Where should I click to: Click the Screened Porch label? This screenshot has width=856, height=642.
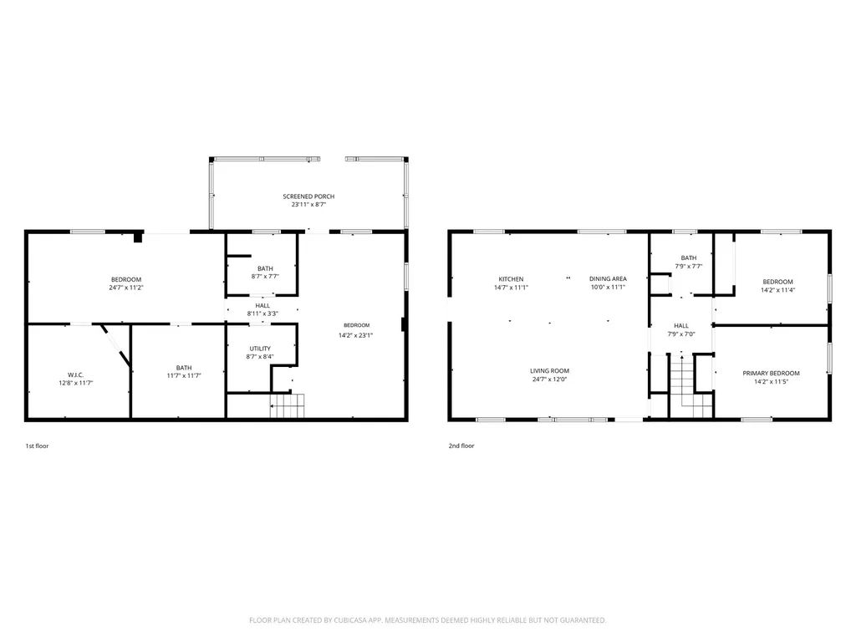click(x=308, y=196)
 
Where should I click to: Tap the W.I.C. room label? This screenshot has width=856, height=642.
click(x=76, y=375)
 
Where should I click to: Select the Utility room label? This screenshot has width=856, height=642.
click(x=260, y=349)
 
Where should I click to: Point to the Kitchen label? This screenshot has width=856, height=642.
click(x=511, y=279)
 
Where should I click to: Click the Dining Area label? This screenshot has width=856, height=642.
click(x=608, y=279)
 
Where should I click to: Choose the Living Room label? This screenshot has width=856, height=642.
click(x=550, y=371)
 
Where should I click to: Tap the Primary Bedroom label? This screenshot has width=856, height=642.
click(x=771, y=374)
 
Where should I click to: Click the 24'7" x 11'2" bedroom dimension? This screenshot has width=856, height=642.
click(x=126, y=288)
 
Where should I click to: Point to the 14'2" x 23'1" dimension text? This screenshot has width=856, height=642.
click(x=355, y=336)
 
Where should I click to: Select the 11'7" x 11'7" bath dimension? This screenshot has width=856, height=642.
click(x=184, y=375)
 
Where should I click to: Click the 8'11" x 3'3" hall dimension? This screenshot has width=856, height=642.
click(x=262, y=314)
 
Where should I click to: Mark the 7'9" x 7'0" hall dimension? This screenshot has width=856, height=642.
click(x=681, y=334)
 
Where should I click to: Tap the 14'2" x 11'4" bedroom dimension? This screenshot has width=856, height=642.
click(x=778, y=290)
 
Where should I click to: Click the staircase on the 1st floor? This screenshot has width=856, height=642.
click(x=288, y=406)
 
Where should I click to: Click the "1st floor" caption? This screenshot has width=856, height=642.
click(x=37, y=446)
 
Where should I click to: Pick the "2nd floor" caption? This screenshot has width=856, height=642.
click(x=461, y=446)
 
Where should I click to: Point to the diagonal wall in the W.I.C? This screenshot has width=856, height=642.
click(x=115, y=345)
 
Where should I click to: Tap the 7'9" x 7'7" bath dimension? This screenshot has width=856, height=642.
click(x=689, y=267)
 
